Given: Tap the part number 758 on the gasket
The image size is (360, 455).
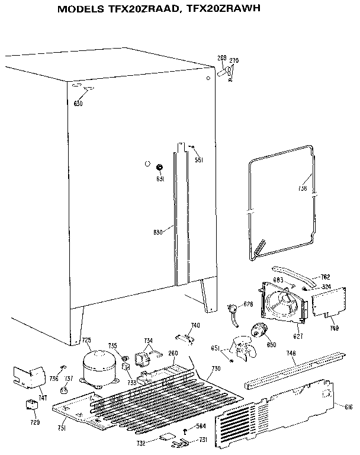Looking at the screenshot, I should coord(303,189).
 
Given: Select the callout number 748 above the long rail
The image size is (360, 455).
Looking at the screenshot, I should coord(291,354).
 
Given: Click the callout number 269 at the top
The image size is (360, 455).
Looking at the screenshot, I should coord(222,58).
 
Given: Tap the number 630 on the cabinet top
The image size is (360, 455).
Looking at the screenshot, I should coord(78,104).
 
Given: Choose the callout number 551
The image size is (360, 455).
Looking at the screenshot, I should coord(200,160).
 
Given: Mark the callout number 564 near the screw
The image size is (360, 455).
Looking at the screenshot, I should coord(201,425).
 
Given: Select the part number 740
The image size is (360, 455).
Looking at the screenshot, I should coord(195,325).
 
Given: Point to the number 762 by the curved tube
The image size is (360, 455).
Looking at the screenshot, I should coord(325,277).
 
